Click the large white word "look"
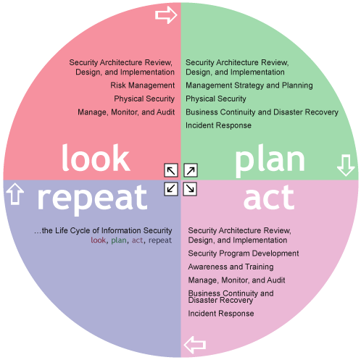[96, 158]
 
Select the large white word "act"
[269, 198]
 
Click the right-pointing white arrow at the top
[166, 15]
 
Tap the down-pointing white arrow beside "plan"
[346, 165]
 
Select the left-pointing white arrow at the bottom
[195, 345]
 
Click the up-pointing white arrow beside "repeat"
[15, 194]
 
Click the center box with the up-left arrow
[171, 170]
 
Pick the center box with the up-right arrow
[191, 170]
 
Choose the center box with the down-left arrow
[171, 189]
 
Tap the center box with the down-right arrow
[190, 189]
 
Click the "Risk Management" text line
[143, 85]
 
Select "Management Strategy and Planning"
[249, 85]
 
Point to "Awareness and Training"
[231, 267]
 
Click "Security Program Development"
[244, 254]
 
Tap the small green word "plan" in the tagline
[119, 240]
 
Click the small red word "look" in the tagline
[98, 240]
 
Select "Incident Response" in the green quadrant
[218, 125]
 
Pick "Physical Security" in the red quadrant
[144, 99]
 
